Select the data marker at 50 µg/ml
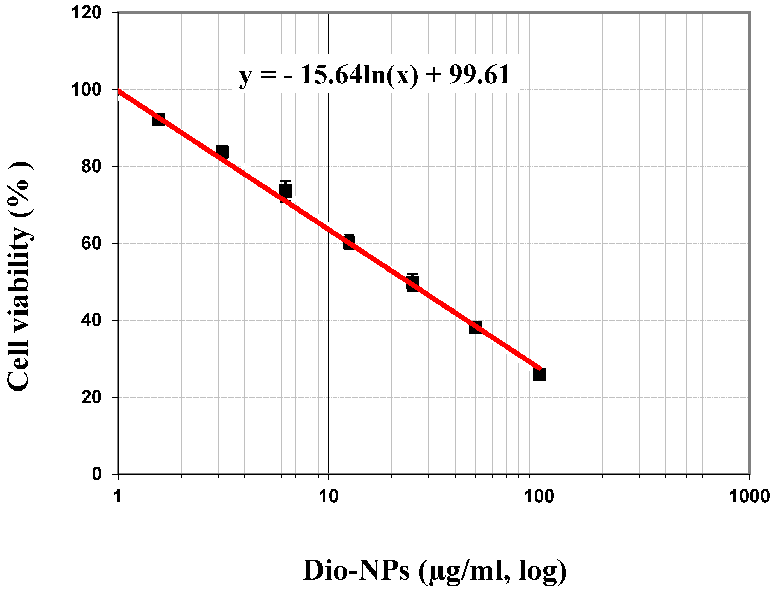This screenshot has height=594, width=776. pyautogui.click(x=475, y=328)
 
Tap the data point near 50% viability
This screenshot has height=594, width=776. pyautogui.click(x=412, y=282)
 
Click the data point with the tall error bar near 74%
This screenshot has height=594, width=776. pyautogui.click(x=285, y=191)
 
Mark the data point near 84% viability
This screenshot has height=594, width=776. pyautogui.click(x=222, y=152)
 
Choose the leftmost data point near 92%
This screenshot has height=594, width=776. pyautogui.click(x=158, y=120)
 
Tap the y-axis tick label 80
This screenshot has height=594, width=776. pyautogui.click(x=91, y=166)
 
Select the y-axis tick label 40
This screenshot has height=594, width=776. pyautogui.click(x=91, y=320)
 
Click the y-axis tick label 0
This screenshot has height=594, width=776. pyautogui.click(x=96, y=474)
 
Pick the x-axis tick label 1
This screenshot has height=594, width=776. pyautogui.click(x=118, y=497)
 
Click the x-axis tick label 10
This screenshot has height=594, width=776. pyautogui.click(x=328, y=497)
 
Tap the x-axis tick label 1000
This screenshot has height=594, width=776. pyautogui.click(x=749, y=497)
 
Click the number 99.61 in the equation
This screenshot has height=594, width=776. pyautogui.click(x=480, y=75)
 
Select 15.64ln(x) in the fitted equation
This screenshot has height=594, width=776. pyautogui.click(x=359, y=75)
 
